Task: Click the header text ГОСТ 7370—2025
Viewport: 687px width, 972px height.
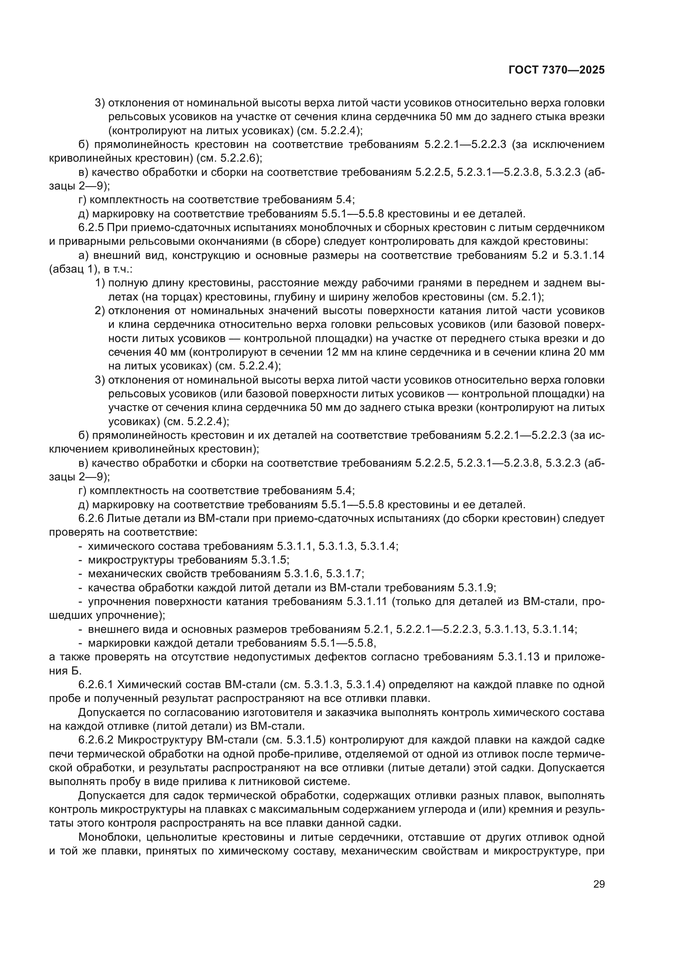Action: pyautogui.click(x=556, y=70)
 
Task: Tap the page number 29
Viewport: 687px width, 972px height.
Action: pyautogui.click(x=599, y=884)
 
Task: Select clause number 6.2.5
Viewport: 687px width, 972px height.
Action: pyautogui.click(x=91, y=228)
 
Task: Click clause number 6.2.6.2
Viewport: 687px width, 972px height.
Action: pyautogui.click(x=96, y=740)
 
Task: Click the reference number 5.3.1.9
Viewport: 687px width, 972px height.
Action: pyautogui.click(x=476, y=588)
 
